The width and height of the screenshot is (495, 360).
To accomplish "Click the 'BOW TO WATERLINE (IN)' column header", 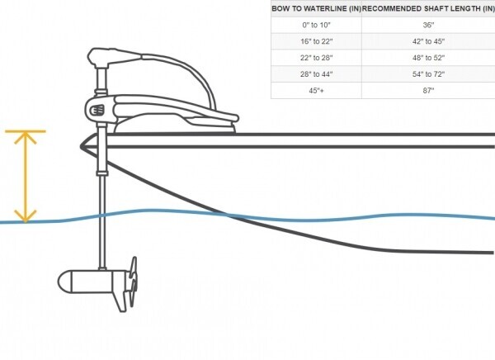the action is click(316, 8).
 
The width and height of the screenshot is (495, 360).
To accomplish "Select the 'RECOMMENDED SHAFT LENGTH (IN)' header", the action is click(428, 8).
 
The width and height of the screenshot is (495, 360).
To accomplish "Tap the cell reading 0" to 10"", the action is click(316, 25).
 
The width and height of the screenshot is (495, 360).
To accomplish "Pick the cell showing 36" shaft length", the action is click(428, 25).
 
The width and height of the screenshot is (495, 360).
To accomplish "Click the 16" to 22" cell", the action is click(316, 41).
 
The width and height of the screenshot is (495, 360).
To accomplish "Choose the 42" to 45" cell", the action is click(428, 41).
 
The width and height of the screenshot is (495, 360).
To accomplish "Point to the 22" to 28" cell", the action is click(316, 58).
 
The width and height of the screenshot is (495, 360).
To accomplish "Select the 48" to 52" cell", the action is click(428, 58).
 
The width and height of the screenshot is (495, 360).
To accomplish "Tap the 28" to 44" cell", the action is click(316, 74).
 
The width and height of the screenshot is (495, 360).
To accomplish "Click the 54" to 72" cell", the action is click(428, 74).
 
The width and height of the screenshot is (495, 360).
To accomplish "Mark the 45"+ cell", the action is click(316, 91).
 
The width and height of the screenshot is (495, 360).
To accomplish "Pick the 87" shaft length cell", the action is click(428, 91).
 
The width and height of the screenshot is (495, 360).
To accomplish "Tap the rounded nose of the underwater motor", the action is click(64, 281).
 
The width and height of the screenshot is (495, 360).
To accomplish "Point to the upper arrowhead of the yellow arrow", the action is click(26, 137).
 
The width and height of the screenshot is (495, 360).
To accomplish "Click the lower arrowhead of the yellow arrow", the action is click(26, 216).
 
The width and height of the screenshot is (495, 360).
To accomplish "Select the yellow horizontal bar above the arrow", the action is click(26, 131).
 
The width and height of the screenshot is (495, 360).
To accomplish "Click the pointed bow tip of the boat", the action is click(81, 146).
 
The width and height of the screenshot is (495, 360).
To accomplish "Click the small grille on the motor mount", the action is click(97, 111).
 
